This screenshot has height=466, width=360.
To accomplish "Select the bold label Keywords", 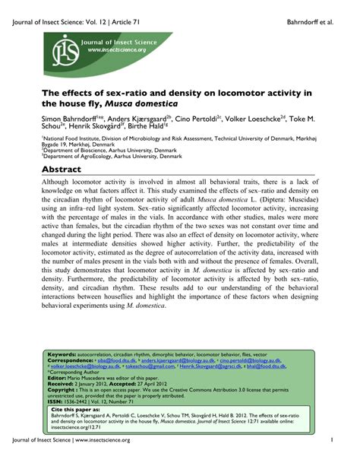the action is (61, 355).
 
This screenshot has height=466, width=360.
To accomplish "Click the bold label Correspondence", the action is (70, 361).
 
